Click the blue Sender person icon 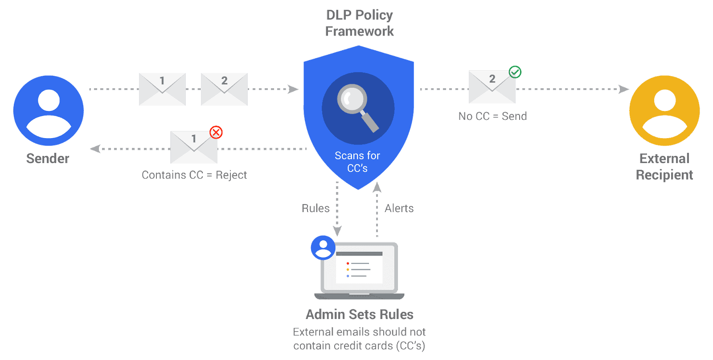click(48, 110)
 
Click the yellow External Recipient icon click(664, 110)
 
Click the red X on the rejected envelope click(216, 132)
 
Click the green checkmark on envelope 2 click(515, 72)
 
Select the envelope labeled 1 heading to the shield click(162, 89)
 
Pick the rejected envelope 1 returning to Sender click(194, 147)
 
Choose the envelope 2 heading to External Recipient click(492, 87)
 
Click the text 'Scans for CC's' click(357, 162)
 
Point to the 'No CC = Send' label click(492, 116)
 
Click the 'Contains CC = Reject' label click(194, 175)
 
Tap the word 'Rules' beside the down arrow click(316, 209)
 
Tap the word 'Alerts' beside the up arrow click(399, 209)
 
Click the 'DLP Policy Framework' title click(360, 23)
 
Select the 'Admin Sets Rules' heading click(360, 315)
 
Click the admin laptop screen click(359, 268)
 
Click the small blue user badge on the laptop click(323, 248)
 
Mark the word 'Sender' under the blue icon click(48, 159)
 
